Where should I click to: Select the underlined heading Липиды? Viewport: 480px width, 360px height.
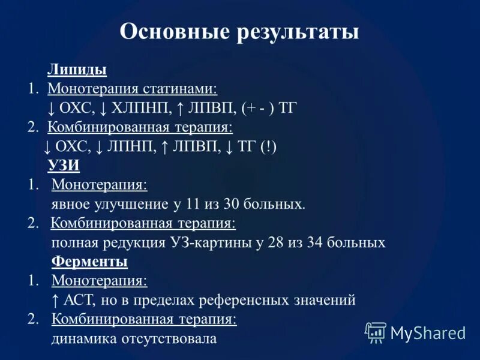[77, 70]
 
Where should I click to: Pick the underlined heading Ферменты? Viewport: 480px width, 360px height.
[89, 262]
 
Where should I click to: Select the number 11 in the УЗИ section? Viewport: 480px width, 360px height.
[192, 204]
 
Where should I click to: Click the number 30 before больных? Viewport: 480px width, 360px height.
[232, 204]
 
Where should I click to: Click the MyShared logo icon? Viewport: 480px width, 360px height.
[376, 332]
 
